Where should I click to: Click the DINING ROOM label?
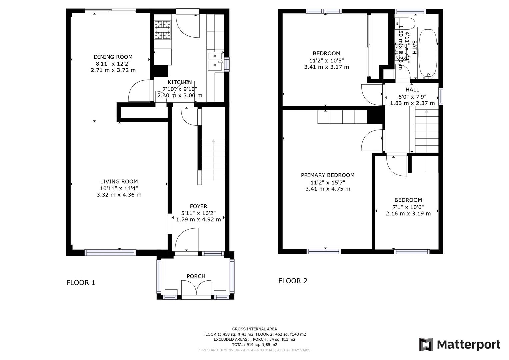point(113,57)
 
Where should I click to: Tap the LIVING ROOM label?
point(119,182)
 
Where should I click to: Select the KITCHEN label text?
point(180,82)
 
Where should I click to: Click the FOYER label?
point(198,206)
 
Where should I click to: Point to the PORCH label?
point(196,276)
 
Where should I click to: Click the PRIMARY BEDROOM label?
point(328,175)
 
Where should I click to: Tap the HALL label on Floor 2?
point(412,90)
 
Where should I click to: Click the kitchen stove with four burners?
point(162,29)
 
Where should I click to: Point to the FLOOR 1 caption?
point(81,283)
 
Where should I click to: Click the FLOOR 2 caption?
point(293,281)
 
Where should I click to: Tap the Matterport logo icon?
point(426,344)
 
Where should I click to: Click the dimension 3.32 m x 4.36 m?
point(119,195)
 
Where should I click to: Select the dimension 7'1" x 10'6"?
point(408,207)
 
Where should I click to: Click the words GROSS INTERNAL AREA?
point(254,329)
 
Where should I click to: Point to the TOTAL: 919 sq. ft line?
point(254,345)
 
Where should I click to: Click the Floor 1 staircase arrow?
point(213,142)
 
